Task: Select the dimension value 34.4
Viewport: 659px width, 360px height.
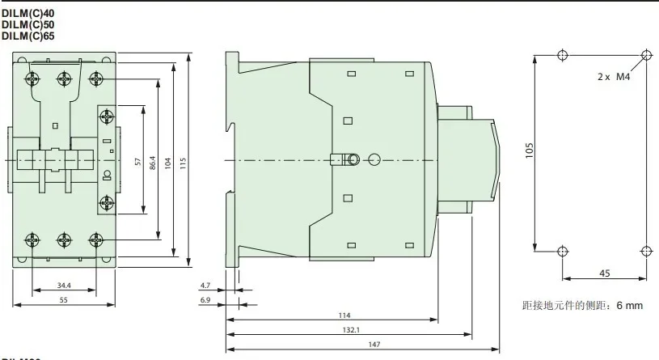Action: (x=65, y=285)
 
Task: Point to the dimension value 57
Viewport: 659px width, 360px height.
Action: (x=138, y=162)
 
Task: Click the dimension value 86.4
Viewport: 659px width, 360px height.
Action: (x=153, y=162)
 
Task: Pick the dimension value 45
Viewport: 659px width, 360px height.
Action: (x=604, y=272)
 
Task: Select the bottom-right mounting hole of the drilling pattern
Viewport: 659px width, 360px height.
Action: (x=644, y=250)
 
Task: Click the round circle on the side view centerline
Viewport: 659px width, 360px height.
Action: (x=374, y=160)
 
